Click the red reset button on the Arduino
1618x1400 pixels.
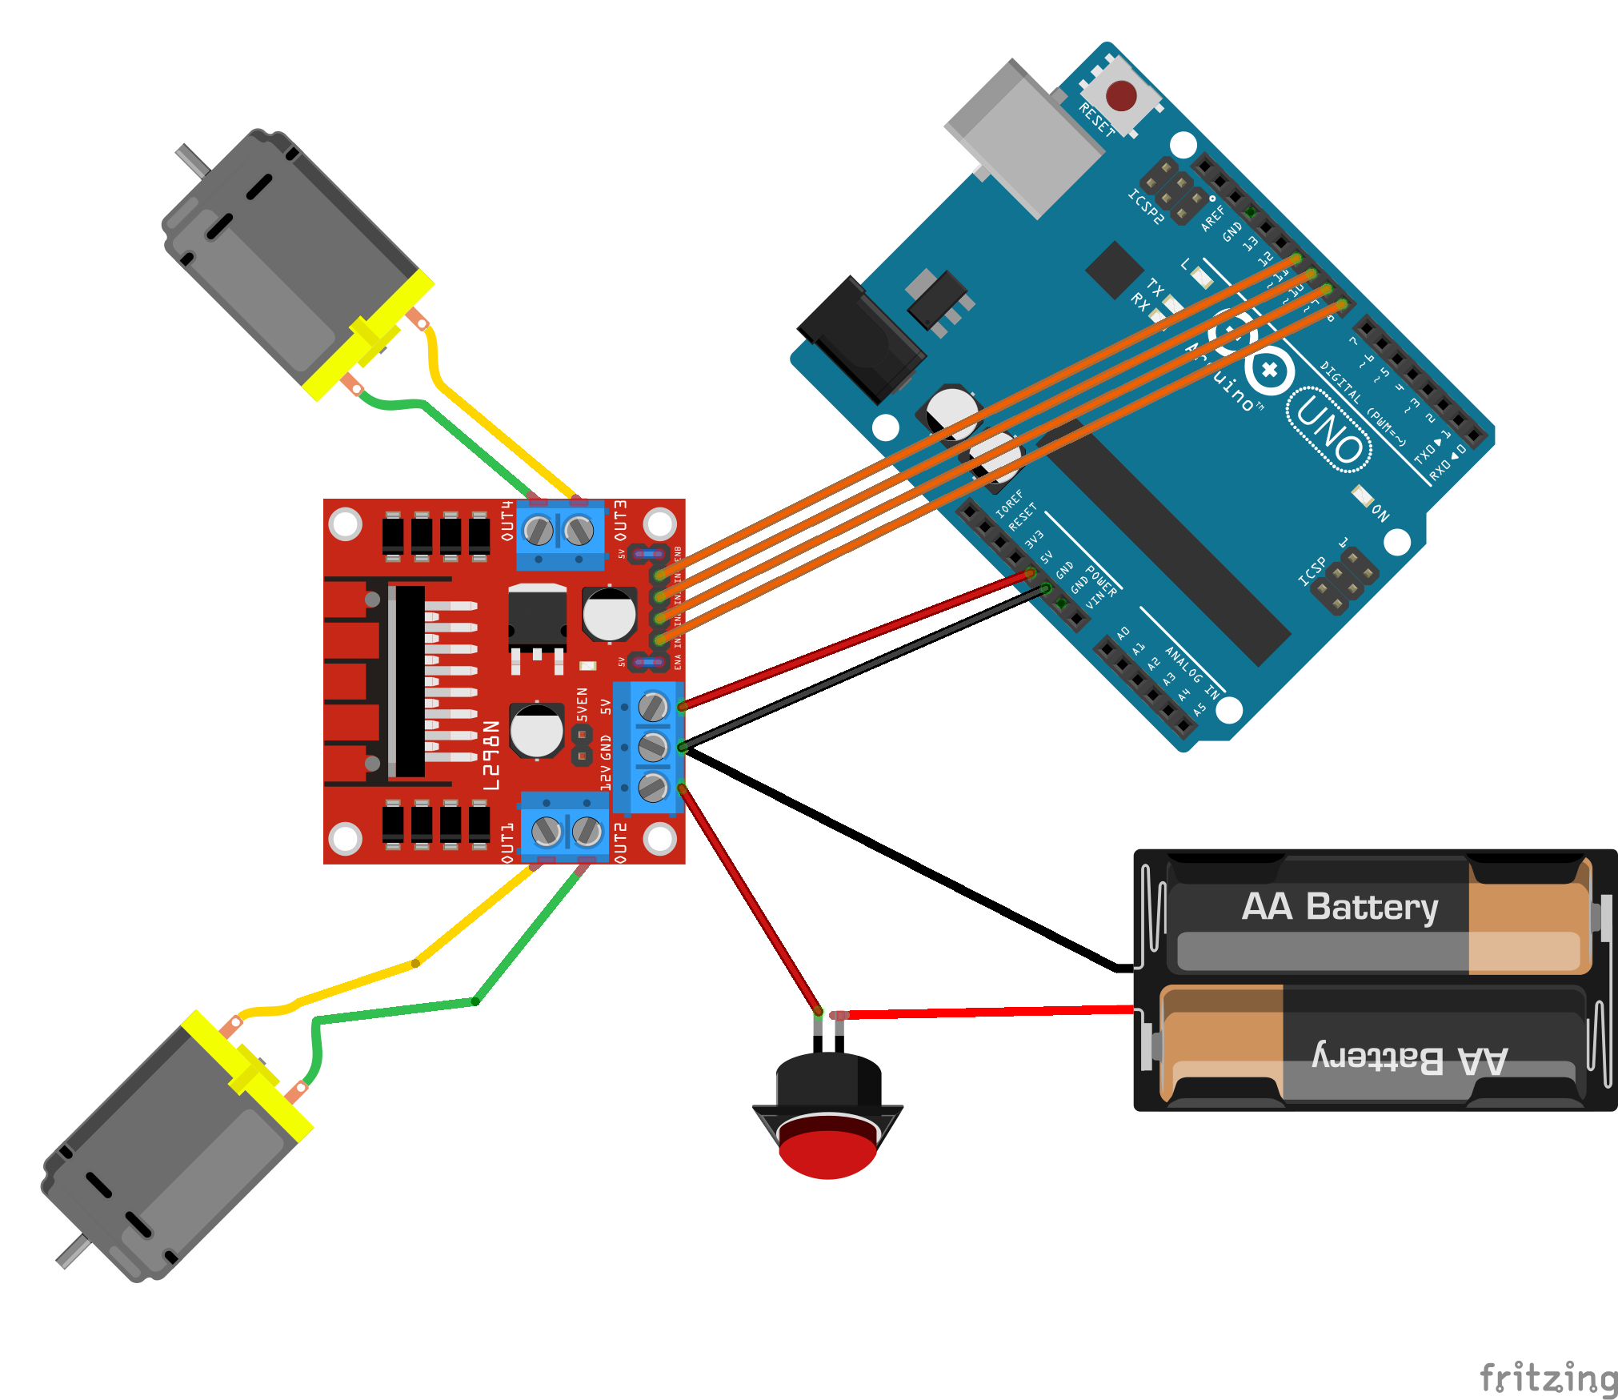[1121, 96]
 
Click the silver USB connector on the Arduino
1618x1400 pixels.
[1019, 136]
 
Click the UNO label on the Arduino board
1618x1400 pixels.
[1330, 429]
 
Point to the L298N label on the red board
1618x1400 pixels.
[491, 755]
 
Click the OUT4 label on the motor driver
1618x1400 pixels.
[507, 520]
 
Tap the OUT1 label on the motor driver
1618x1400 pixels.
[507, 843]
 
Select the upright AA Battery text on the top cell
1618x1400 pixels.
[1340, 907]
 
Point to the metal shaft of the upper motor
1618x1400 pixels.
[193, 160]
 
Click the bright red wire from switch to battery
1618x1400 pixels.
[984, 1012]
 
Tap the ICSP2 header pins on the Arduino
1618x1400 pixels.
[1174, 191]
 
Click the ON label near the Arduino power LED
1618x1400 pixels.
[1380, 512]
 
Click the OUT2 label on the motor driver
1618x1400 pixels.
[621, 843]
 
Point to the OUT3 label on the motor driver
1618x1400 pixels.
[621, 520]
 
